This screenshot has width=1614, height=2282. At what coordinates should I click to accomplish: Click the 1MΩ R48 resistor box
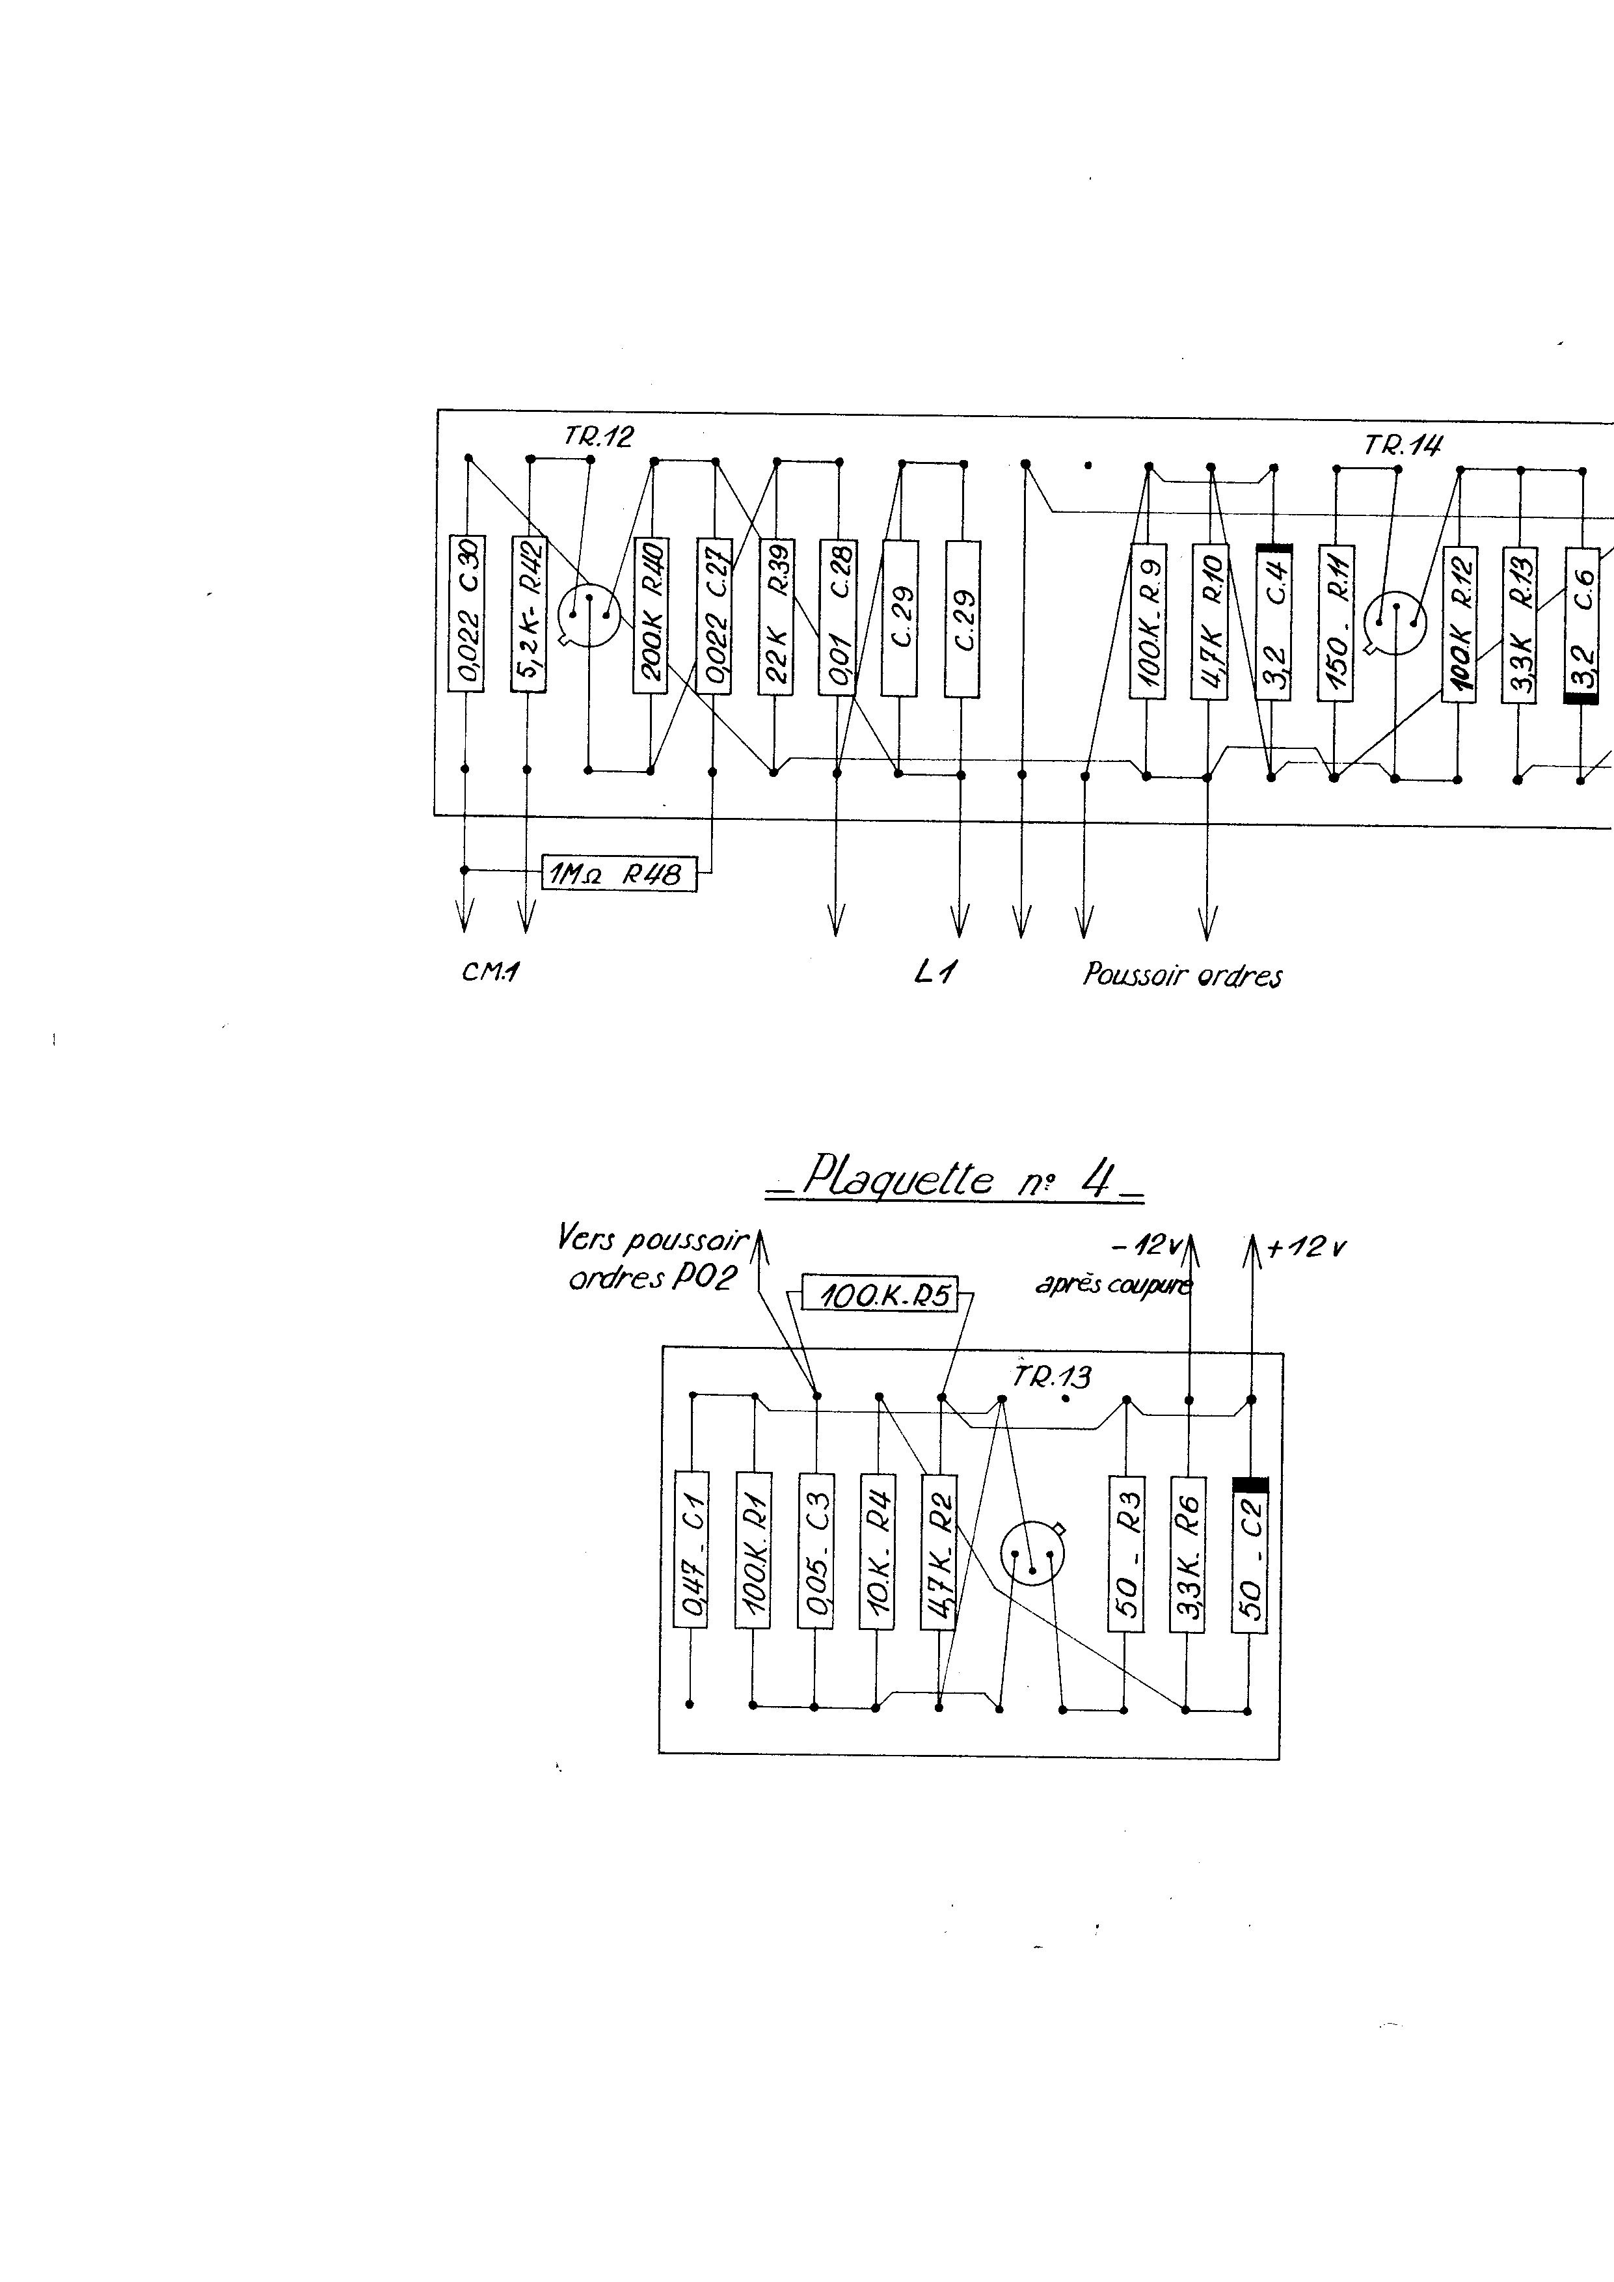(618, 874)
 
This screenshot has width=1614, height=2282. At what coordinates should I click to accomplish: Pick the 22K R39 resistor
(775, 616)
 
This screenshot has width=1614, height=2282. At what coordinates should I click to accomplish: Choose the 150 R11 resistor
(1335, 622)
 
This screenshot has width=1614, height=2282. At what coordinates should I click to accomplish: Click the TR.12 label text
(599, 437)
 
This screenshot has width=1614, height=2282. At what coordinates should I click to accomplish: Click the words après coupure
(1112, 1285)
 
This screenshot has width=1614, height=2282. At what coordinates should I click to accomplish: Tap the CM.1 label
(491, 973)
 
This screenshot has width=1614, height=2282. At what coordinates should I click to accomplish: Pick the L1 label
(934, 973)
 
